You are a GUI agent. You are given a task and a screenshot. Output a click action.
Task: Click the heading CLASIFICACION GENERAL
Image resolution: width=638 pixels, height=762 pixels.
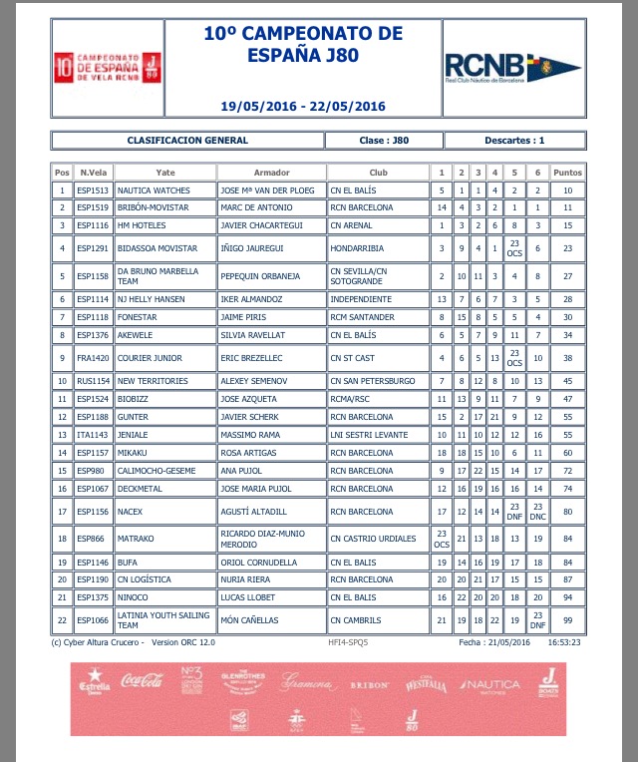(187, 141)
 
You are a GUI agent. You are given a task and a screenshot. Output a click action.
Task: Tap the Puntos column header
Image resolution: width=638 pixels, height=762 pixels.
(567, 173)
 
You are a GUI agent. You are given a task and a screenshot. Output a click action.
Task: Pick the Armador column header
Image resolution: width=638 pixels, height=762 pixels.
(271, 173)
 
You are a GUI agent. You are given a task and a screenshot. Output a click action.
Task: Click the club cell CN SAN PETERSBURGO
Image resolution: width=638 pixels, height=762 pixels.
(372, 381)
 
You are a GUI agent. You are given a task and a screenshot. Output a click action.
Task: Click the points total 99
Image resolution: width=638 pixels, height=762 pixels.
(567, 619)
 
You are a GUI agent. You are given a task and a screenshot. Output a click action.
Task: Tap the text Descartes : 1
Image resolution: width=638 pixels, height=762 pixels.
(514, 141)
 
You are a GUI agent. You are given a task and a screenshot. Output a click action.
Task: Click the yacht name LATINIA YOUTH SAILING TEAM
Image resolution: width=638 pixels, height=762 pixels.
(160, 619)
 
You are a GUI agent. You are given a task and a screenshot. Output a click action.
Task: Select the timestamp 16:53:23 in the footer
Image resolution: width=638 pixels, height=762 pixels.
(563, 643)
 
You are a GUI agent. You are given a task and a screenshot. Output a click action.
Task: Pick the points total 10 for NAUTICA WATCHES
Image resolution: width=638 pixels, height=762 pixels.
(567, 190)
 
